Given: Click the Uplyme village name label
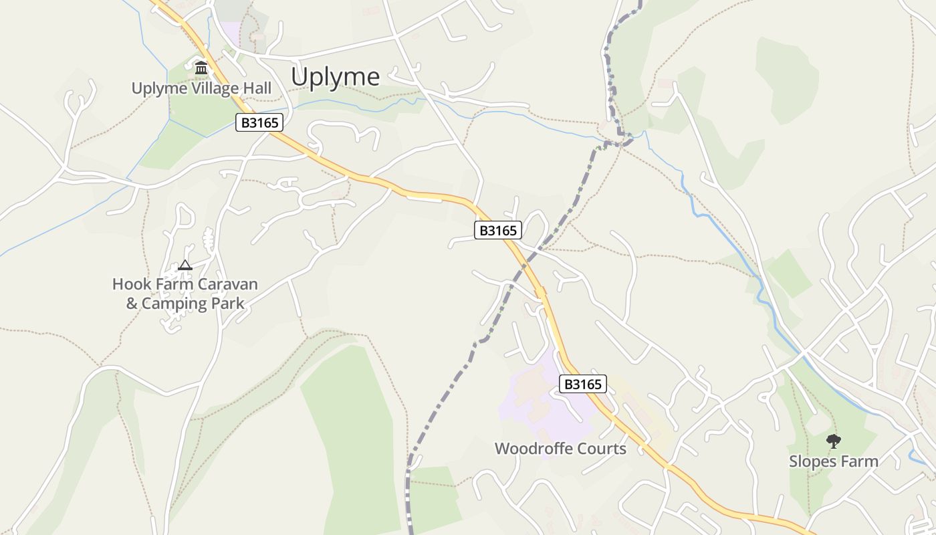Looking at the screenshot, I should click(335, 78).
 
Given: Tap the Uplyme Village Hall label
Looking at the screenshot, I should click(201, 88).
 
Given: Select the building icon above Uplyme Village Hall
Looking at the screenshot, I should click(201, 68).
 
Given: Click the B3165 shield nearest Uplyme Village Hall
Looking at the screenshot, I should click(259, 122).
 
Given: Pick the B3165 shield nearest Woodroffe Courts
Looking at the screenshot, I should click(583, 384).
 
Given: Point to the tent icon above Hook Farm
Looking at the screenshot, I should click(185, 265).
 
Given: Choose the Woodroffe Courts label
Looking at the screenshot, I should click(560, 449).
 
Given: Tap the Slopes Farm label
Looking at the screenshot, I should click(833, 461).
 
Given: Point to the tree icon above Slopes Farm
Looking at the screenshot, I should click(833, 441).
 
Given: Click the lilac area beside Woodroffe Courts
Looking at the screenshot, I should click(528, 401).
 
